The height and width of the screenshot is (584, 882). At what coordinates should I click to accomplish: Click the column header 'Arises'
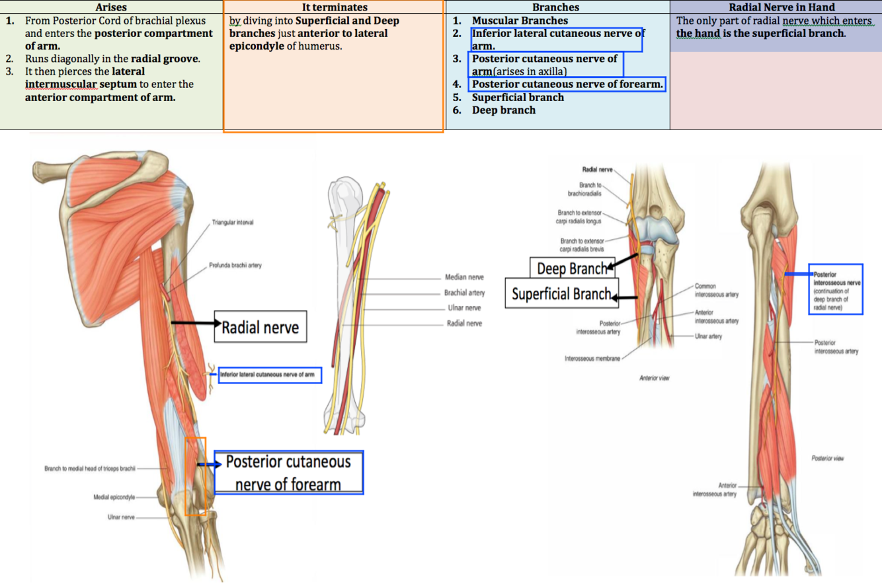coord(111,7)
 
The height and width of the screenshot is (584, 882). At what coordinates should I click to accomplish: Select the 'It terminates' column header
coord(335,7)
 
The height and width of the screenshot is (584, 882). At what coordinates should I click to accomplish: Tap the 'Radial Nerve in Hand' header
coord(776,7)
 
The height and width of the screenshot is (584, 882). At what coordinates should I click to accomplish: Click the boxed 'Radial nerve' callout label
coord(261,326)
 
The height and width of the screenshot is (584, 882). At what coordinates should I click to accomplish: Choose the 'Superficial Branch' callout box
coord(561,293)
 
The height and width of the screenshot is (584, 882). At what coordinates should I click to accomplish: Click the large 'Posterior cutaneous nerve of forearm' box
coord(288,472)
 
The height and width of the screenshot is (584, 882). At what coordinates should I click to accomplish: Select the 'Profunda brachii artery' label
coord(236,265)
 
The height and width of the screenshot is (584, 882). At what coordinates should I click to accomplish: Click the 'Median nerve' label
coord(465,278)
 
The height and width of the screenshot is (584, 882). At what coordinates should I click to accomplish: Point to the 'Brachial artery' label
coord(465,293)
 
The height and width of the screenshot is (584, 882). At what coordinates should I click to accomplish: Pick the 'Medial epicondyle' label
coord(114,496)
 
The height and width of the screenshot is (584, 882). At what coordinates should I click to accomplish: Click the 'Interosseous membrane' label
coord(592,359)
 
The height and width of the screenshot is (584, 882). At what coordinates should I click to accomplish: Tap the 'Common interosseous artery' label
coord(715,290)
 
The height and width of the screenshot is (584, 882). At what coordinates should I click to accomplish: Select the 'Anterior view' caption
coord(655,379)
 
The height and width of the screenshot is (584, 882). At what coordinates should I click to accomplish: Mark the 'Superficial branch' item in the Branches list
coord(518,97)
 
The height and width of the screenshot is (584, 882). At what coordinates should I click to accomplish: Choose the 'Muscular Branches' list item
coord(520,20)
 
